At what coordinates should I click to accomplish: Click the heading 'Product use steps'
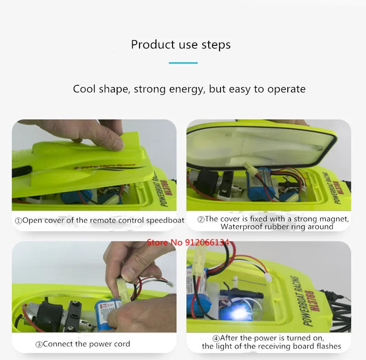181,45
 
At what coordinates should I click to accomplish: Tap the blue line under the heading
183,63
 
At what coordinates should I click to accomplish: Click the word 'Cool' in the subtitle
85,89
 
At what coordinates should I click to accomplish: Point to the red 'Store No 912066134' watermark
188,242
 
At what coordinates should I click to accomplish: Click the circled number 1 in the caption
18,221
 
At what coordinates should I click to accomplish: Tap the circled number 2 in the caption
200,219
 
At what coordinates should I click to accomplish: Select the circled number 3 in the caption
39,344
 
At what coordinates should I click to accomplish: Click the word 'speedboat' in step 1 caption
165,220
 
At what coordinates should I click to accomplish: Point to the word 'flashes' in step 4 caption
326,346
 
